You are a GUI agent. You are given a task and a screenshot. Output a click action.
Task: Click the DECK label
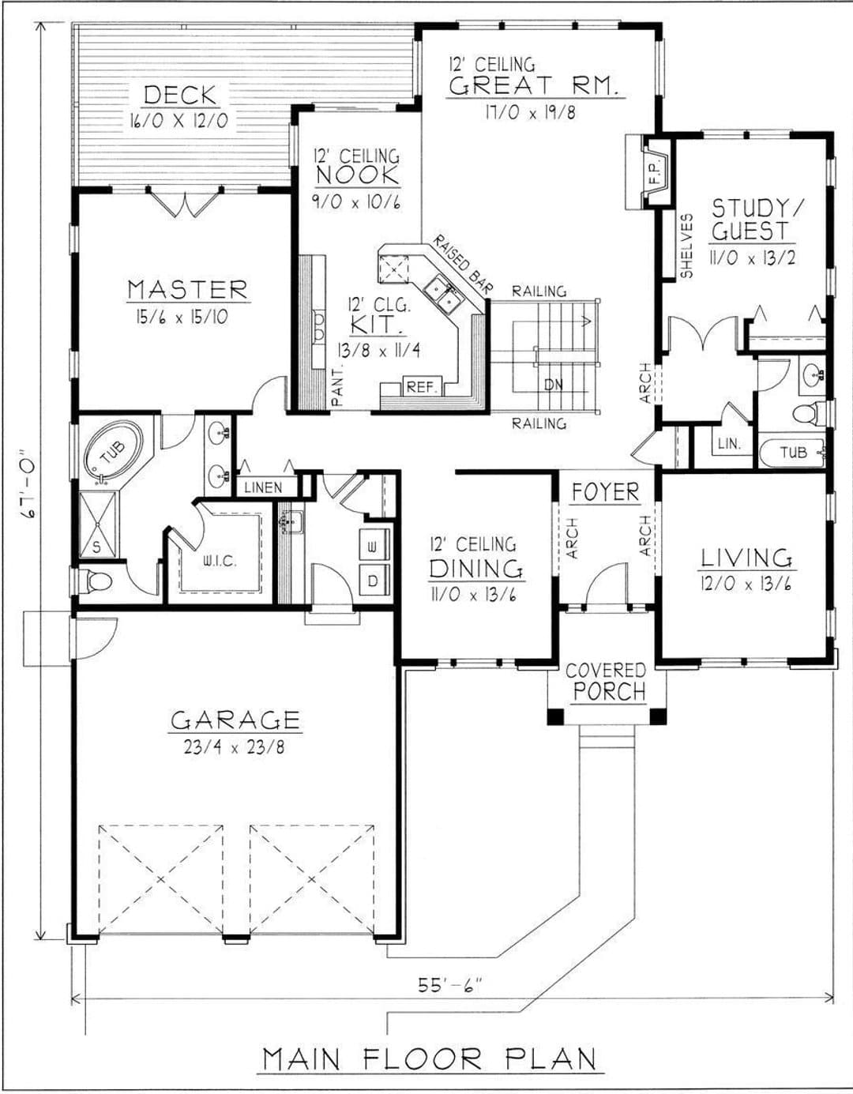click(179, 95)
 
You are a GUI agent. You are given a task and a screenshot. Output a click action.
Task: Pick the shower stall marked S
click(98, 524)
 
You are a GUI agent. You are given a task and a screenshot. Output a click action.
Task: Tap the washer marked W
click(374, 545)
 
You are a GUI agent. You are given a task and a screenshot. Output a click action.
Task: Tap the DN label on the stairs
click(554, 385)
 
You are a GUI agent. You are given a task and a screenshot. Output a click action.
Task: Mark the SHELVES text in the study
click(686, 246)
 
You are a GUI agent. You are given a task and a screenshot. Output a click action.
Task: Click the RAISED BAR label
click(463, 265)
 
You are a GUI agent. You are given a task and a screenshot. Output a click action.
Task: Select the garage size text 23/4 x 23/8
click(234, 746)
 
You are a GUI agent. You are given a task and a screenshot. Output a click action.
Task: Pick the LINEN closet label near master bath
click(263, 487)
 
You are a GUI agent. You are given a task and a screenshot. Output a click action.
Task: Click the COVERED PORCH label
click(607, 682)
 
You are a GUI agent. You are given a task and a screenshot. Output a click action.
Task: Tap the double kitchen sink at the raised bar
click(441, 292)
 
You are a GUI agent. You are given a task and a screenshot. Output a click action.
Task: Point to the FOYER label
click(606, 492)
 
